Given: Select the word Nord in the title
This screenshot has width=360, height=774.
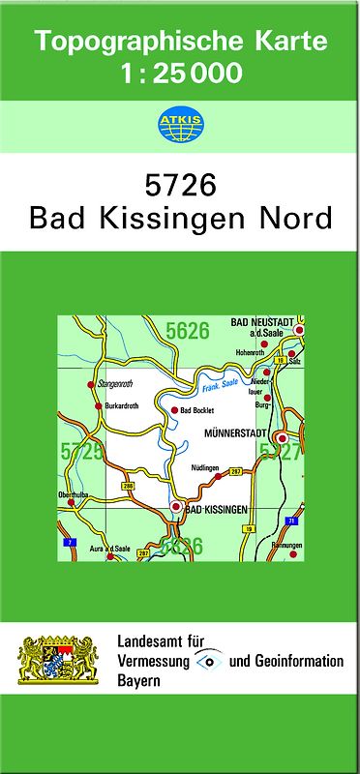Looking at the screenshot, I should click(294, 218).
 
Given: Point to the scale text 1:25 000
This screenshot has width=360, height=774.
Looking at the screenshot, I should click(180, 73).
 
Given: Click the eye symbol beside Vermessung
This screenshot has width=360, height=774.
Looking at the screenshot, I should click(208, 661).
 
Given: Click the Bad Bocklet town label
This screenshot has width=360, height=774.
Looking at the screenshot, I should click(198, 411).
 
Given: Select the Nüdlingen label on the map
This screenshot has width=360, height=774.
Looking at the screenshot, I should click(206, 468).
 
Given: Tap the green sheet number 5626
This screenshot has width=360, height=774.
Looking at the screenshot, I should click(187, 332).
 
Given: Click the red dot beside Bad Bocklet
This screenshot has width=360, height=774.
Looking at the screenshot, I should click(174, 410).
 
